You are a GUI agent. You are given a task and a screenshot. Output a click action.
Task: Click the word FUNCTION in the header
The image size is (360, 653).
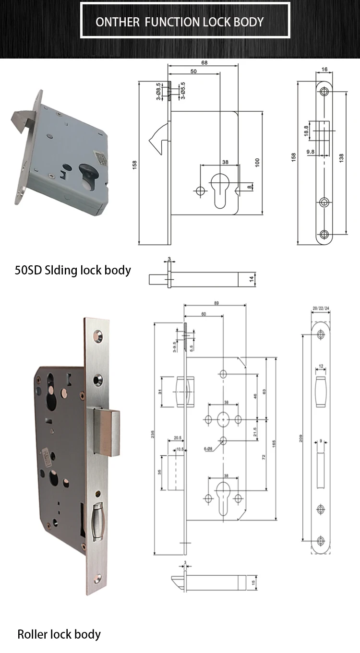[173, 22]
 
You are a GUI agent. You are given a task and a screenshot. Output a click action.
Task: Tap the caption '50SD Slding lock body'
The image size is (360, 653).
[72, 270]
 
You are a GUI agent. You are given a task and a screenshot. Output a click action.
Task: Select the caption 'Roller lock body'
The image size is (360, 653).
[59, 634]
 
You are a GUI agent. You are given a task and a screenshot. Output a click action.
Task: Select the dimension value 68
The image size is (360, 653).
[204, 62]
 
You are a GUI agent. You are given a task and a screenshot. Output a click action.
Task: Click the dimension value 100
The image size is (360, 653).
[257, 163]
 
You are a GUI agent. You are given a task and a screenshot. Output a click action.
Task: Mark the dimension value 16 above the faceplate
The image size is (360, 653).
[324, 70]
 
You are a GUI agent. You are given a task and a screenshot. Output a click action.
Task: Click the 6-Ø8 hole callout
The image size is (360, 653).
[207, 449]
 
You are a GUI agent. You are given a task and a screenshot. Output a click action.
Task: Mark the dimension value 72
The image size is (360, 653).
[263, 458]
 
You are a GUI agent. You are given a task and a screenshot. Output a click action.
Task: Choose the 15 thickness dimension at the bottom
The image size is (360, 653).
[253, 582]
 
